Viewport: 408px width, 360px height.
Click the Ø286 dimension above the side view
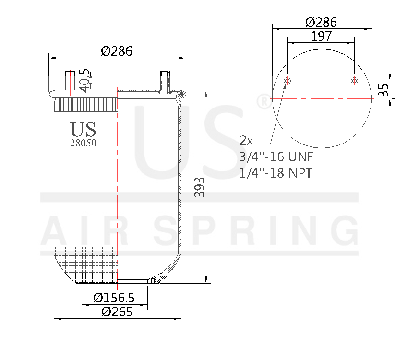(116, 51)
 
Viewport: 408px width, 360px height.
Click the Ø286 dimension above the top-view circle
(321, 22)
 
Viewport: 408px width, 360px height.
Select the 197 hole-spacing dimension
(321, 36)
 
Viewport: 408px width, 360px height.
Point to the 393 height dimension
(199, 187)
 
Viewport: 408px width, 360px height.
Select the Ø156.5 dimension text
(113, 298)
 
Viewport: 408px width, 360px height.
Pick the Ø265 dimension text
(117, 312)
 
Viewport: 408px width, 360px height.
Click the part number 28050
(83, 143)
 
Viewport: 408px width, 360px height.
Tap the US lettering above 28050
(83, 129)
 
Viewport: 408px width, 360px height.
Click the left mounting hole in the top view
(288, 81)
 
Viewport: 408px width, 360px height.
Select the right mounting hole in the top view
(354, 81)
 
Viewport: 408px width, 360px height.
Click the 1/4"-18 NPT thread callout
(275, 173)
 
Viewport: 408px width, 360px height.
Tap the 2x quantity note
(246, 141)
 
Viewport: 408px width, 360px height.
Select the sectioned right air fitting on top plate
(164, 82)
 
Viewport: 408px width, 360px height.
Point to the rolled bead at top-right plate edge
(181, 95)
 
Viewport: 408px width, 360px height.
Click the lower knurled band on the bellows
(86, 264)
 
